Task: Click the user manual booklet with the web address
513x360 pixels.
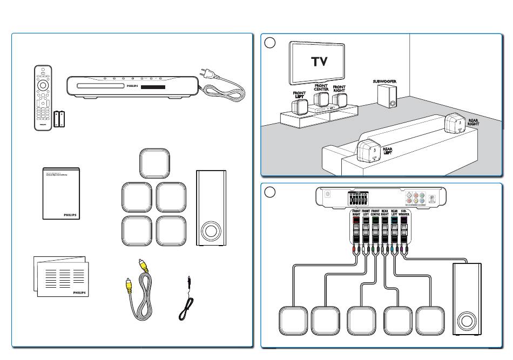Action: pyautogui.click(x=60, y=193)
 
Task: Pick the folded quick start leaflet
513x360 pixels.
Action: pyautogui.click(x=60, y=275)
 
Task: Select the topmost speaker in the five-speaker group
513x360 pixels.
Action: pyautogui.click(x=154, y=164)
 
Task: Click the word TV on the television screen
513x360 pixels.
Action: pyautogui.click(x=319, y=62)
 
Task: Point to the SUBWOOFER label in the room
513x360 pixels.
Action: pyautogui.click(x=384, y=81)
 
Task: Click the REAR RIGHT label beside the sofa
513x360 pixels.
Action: pyautogui.click(x=473, y=123)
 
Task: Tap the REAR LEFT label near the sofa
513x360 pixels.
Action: pyautogui.click(x=388, y=151)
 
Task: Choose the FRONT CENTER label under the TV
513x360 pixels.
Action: pyautogui.click(x=321, y=87)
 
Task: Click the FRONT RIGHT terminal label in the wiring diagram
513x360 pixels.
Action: pyautogui.click(x=356, y=213)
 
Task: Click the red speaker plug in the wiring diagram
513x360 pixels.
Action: pyautogui.click(x=353, y=251)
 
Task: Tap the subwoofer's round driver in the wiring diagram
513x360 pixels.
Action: pyautogui.click(x=467, y=322)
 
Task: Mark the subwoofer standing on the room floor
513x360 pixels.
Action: pyautogui.click(x=386, y=97)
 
